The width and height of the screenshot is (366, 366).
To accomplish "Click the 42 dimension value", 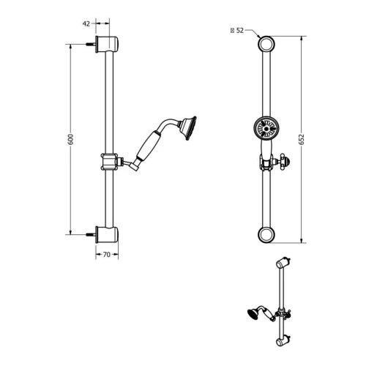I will (x=86, y=23).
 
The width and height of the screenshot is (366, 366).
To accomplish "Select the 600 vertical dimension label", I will (x=72, y=139).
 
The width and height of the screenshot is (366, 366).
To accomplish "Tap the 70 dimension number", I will (x=107, y=255).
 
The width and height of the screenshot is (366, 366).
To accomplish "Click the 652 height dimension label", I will (x=310, y=139).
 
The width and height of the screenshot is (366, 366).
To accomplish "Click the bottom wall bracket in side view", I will (x=109, y=234).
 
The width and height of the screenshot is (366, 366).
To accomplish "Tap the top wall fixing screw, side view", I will (x=91, y=44).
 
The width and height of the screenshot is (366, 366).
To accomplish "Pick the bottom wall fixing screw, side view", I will (x=91, y=234).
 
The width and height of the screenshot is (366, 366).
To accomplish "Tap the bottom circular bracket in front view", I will (x=267, y=234).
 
